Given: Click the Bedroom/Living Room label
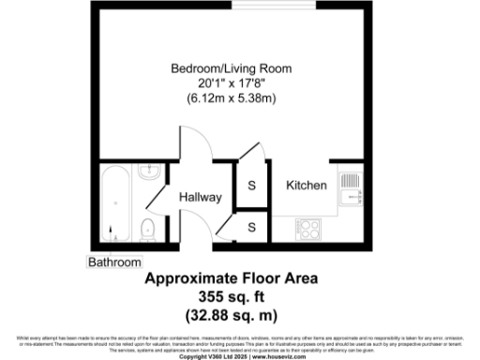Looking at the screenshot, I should click(x=231, y=68).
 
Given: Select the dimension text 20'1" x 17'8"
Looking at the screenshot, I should click(x=231, y=82).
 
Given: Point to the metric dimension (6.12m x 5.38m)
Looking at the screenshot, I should click(x=231, y=97).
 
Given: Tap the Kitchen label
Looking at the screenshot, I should click(x=307, y=186).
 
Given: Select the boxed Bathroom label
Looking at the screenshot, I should click(x=115, y=262).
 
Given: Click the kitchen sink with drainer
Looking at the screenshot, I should click(x=349, y=186).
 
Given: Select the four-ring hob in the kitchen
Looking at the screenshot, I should click(x=309, y=228).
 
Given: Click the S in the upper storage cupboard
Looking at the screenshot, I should click(x=251, y=186).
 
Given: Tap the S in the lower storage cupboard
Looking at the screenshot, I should click(x=251, y=228).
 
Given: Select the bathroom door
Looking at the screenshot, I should click(x=155, y=201).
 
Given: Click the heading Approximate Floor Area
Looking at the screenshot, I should click(x=231, y=278).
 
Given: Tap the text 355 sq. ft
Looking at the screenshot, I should click(x=231, y=296).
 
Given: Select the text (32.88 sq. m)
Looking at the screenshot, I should click(x=231, y=314).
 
